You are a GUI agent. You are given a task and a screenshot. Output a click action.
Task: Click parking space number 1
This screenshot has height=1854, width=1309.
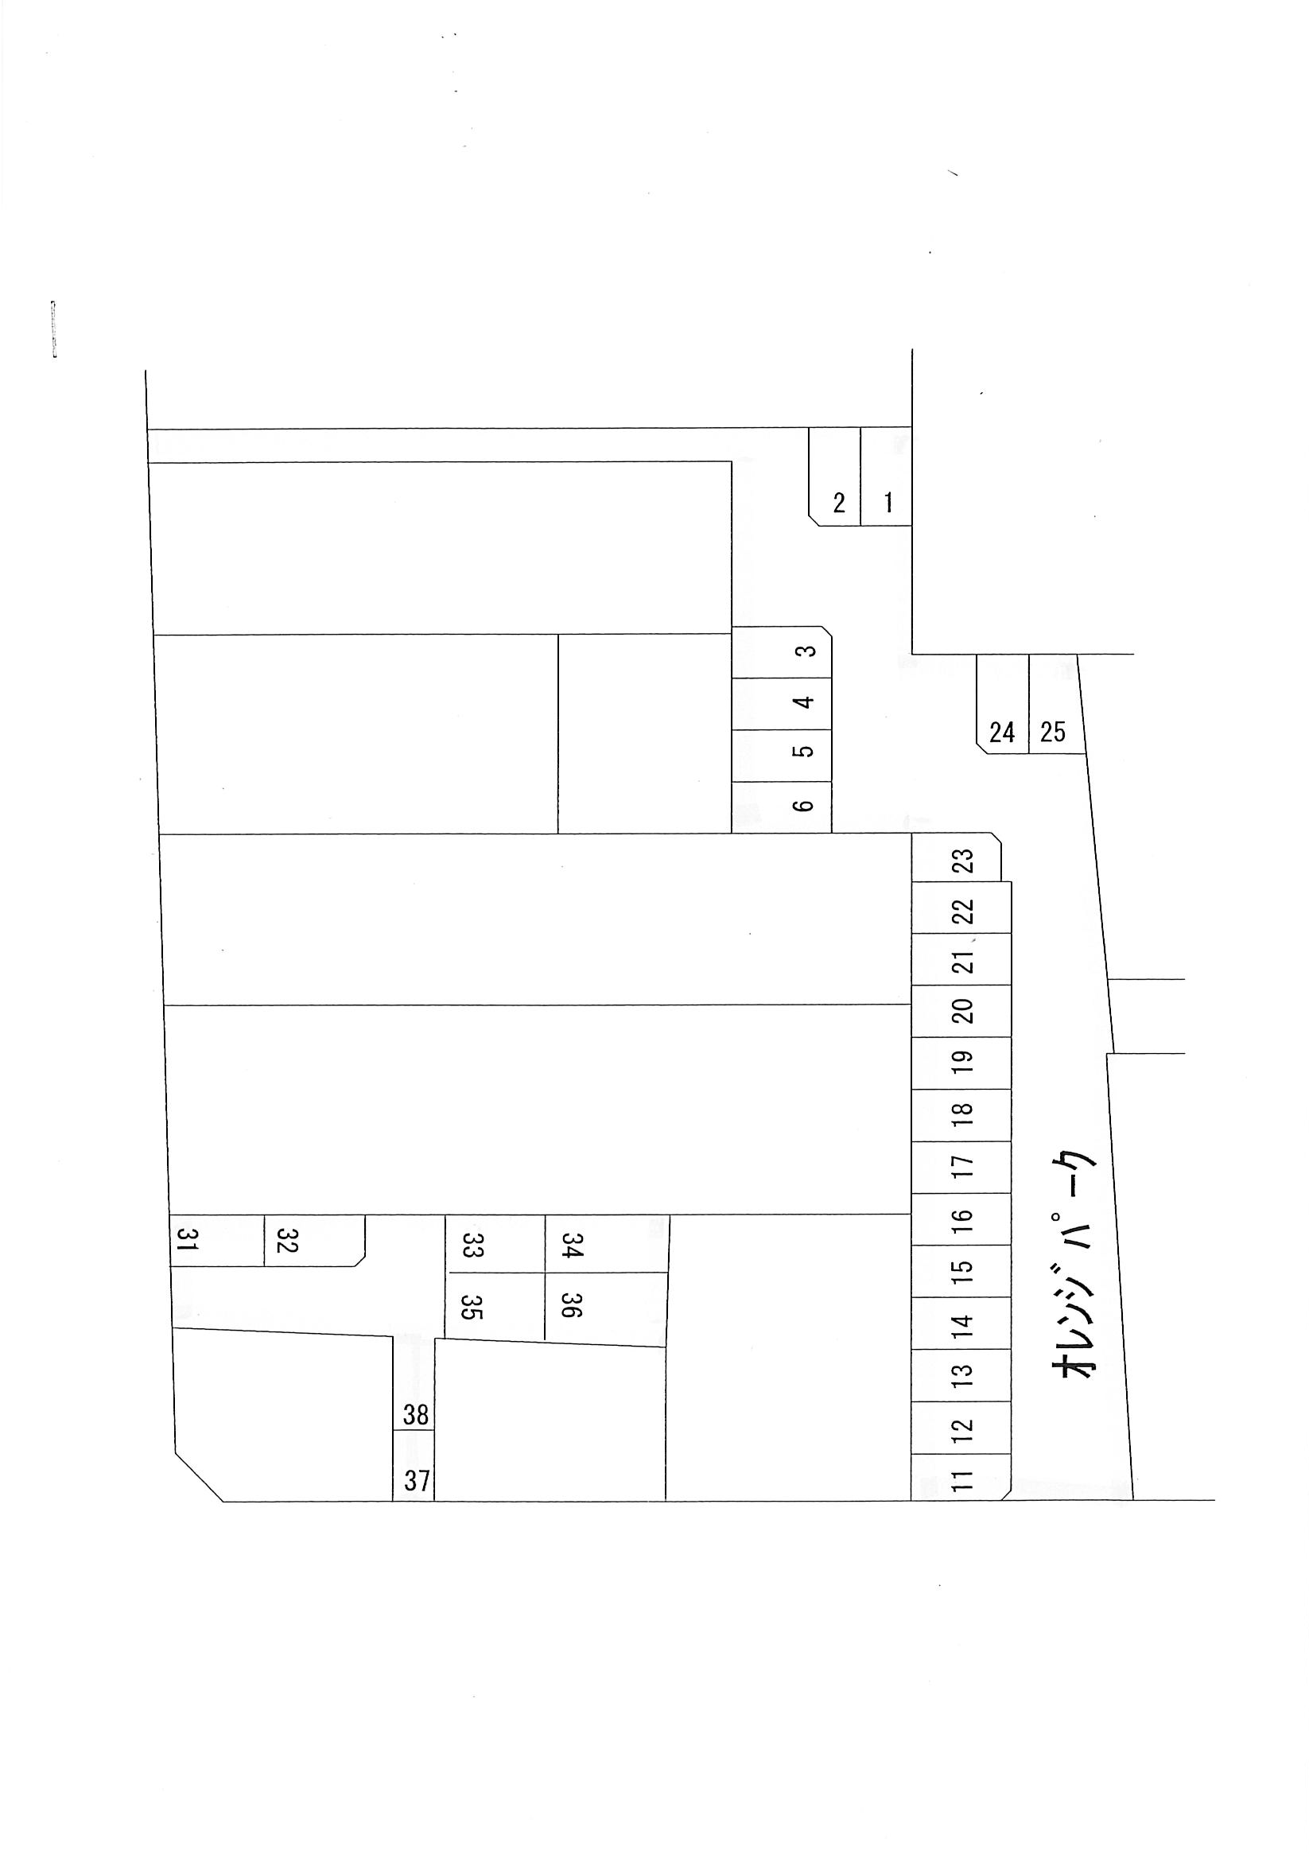point(886,476)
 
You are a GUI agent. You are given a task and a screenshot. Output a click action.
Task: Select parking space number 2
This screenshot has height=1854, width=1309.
point(835,476)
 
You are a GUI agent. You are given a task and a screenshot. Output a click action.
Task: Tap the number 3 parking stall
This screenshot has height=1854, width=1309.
point(782,651)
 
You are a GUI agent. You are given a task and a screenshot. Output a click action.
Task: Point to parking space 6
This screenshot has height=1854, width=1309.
point(782,807)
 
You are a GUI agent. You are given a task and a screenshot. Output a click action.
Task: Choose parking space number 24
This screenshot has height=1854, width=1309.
point(1003,704)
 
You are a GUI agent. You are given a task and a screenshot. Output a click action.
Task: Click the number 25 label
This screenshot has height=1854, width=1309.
point(1053,732)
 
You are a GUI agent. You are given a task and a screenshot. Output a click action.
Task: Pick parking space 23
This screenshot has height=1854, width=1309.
point(956,857)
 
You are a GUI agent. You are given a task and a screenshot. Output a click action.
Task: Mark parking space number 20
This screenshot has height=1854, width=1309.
point(961,1011)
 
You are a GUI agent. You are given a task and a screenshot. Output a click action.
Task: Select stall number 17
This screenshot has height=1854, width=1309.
point(961,1168)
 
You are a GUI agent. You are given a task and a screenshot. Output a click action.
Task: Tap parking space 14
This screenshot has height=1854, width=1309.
point(961,1323)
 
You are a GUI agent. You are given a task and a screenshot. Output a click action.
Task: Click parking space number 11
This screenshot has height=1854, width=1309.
point(961,1478)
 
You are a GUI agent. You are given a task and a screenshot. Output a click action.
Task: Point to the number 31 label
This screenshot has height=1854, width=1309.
point(188,1238)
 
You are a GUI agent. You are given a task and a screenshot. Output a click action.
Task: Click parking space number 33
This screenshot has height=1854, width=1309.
point(495,1243)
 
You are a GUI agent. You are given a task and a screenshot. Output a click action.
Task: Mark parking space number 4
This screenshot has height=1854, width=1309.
point(782,704)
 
